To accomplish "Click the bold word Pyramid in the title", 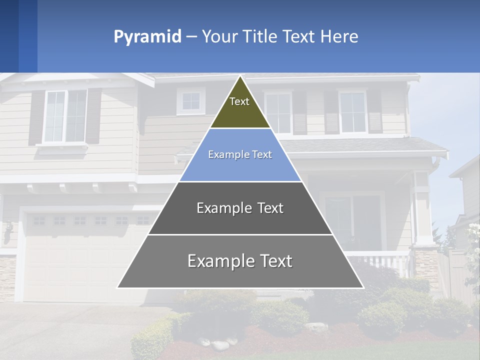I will [147, 36].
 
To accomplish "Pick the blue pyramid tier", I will [240, 155].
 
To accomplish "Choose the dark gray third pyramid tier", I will [240, 208].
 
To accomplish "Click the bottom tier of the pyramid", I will [240, 261].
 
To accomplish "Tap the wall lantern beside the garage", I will [8, 231].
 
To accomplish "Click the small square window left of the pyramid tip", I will [190, 101].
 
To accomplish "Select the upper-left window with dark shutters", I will [65, 116].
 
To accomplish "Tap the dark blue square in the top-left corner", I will [9, 36].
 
